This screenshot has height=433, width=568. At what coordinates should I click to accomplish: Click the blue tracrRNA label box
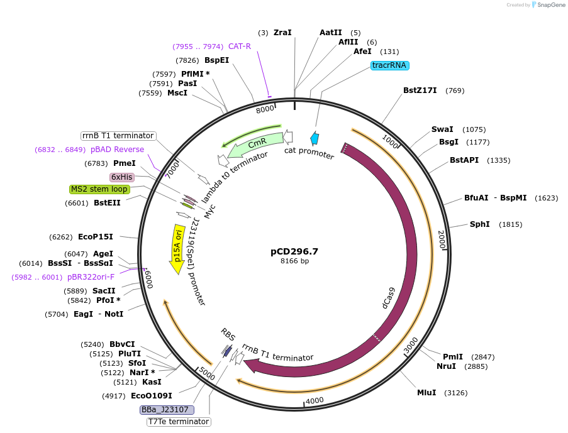(x=390, y=65)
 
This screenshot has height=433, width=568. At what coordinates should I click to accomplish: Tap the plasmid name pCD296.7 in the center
(x=294, y=251)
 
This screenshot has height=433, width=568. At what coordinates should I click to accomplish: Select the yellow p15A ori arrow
(x=177, y=249)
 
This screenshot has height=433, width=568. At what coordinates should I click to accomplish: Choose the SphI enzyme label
(x=479, y=224)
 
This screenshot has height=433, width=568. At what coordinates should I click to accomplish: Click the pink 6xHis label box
(x=121, y=177)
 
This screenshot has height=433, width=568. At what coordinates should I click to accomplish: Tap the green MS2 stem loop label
(x=100, y=189)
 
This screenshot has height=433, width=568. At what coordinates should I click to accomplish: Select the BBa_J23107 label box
(x=167, y=410)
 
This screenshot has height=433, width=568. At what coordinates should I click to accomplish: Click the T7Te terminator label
(x=178, y=422)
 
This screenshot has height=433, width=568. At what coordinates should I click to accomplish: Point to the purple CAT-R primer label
(x=240, y=47)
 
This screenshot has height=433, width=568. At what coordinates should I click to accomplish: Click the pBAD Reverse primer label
(x=117, y=150)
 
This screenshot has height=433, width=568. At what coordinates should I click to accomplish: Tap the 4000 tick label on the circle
(x=314, y=400)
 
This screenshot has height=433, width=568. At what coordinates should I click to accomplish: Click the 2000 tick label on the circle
(x=442, y=239)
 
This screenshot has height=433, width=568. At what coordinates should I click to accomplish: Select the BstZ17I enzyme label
(x=420, y=90)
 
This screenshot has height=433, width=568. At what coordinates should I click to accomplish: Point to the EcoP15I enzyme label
(x=96, y=237)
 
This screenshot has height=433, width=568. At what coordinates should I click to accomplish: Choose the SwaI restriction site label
(x=442, y=129)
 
